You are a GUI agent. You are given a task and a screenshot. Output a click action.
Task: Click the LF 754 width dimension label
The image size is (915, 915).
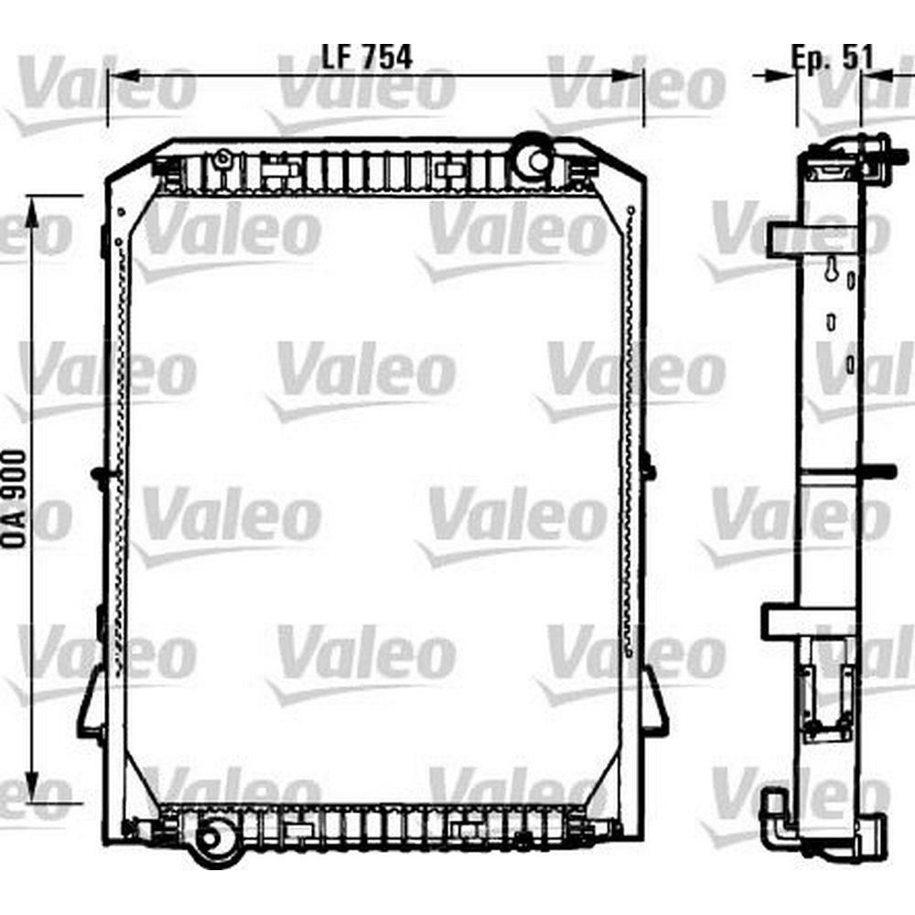tap(367, 57)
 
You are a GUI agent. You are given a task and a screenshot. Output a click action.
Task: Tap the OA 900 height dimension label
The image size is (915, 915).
tap(16, 499)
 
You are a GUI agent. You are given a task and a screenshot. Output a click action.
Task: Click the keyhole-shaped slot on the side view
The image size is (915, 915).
tap(831, 270)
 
